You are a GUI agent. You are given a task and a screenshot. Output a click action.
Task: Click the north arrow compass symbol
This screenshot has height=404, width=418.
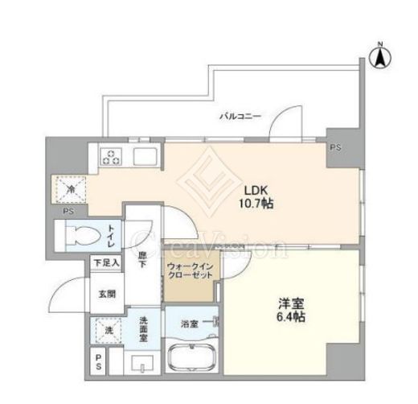[380, 58]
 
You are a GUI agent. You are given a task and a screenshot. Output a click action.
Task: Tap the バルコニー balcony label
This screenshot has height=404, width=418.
[240, 117]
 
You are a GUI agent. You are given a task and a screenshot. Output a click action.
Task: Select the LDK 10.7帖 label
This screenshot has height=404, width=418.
[256, 197]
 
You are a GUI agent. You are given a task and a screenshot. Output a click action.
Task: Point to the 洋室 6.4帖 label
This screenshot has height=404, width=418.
[291, 310]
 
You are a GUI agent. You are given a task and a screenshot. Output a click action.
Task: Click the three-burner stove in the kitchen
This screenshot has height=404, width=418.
[111, 157]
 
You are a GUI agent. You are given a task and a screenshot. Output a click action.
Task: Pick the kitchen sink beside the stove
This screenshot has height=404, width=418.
[145, 157]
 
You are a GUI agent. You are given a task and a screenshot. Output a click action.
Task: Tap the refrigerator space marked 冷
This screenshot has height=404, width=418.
[71, 189]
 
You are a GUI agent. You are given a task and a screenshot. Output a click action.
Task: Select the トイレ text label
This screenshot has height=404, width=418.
[111, 237]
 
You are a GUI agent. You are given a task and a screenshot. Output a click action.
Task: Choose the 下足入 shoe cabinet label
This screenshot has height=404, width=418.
[106, 262]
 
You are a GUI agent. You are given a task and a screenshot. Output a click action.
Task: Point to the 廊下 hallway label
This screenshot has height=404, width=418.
[142, 259]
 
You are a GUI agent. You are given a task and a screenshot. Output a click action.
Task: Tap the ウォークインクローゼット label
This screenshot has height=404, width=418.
[190, 271]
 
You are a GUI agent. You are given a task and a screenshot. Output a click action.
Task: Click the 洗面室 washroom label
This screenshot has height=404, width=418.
[143, 329]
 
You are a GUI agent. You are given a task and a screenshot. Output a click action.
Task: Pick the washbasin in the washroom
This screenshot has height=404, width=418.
[142, 364]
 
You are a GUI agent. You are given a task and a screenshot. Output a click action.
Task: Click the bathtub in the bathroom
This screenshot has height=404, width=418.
[191, 357]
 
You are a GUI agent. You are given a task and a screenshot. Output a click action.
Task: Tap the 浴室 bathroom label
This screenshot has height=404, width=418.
[190, 324]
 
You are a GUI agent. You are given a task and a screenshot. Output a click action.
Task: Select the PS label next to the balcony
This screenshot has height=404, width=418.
[335, 147]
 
